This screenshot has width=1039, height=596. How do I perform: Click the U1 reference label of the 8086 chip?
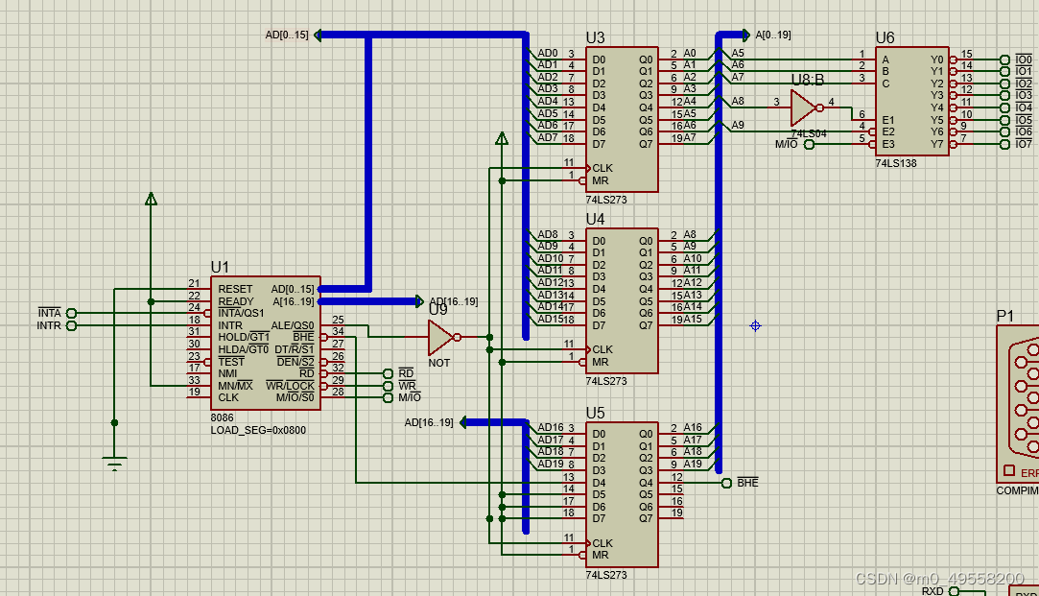coord(221,268)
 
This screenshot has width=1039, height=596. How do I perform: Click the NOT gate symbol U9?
coord(441,337)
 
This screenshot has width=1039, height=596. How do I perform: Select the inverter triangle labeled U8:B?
coord(804,107)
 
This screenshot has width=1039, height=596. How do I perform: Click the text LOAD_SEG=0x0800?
coord(258,430)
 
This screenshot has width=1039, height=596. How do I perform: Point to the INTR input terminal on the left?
coord(49,325)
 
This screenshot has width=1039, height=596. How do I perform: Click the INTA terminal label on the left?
coord(49,313)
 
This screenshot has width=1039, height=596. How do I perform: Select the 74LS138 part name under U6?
coord(896,163)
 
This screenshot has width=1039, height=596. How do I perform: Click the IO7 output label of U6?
coord(1024,144)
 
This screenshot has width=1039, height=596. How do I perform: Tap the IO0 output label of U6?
coord(1024,60)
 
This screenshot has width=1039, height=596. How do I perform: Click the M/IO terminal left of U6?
coord(786,144)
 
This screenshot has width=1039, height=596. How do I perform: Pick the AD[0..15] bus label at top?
coord(287,36)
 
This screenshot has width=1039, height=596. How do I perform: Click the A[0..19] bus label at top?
coord(773,36)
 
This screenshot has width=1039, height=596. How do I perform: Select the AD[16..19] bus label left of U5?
coord(428,422)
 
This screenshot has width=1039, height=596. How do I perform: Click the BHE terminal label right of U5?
coord(747,483)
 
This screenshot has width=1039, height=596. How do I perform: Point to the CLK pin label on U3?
coord(602,168)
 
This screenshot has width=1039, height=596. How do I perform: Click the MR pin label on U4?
coord(600,362)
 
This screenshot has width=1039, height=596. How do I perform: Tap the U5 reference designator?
coord(595,413)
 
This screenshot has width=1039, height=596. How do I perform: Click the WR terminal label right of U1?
coord(409,385)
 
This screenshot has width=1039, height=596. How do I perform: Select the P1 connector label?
coord(1004,316)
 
